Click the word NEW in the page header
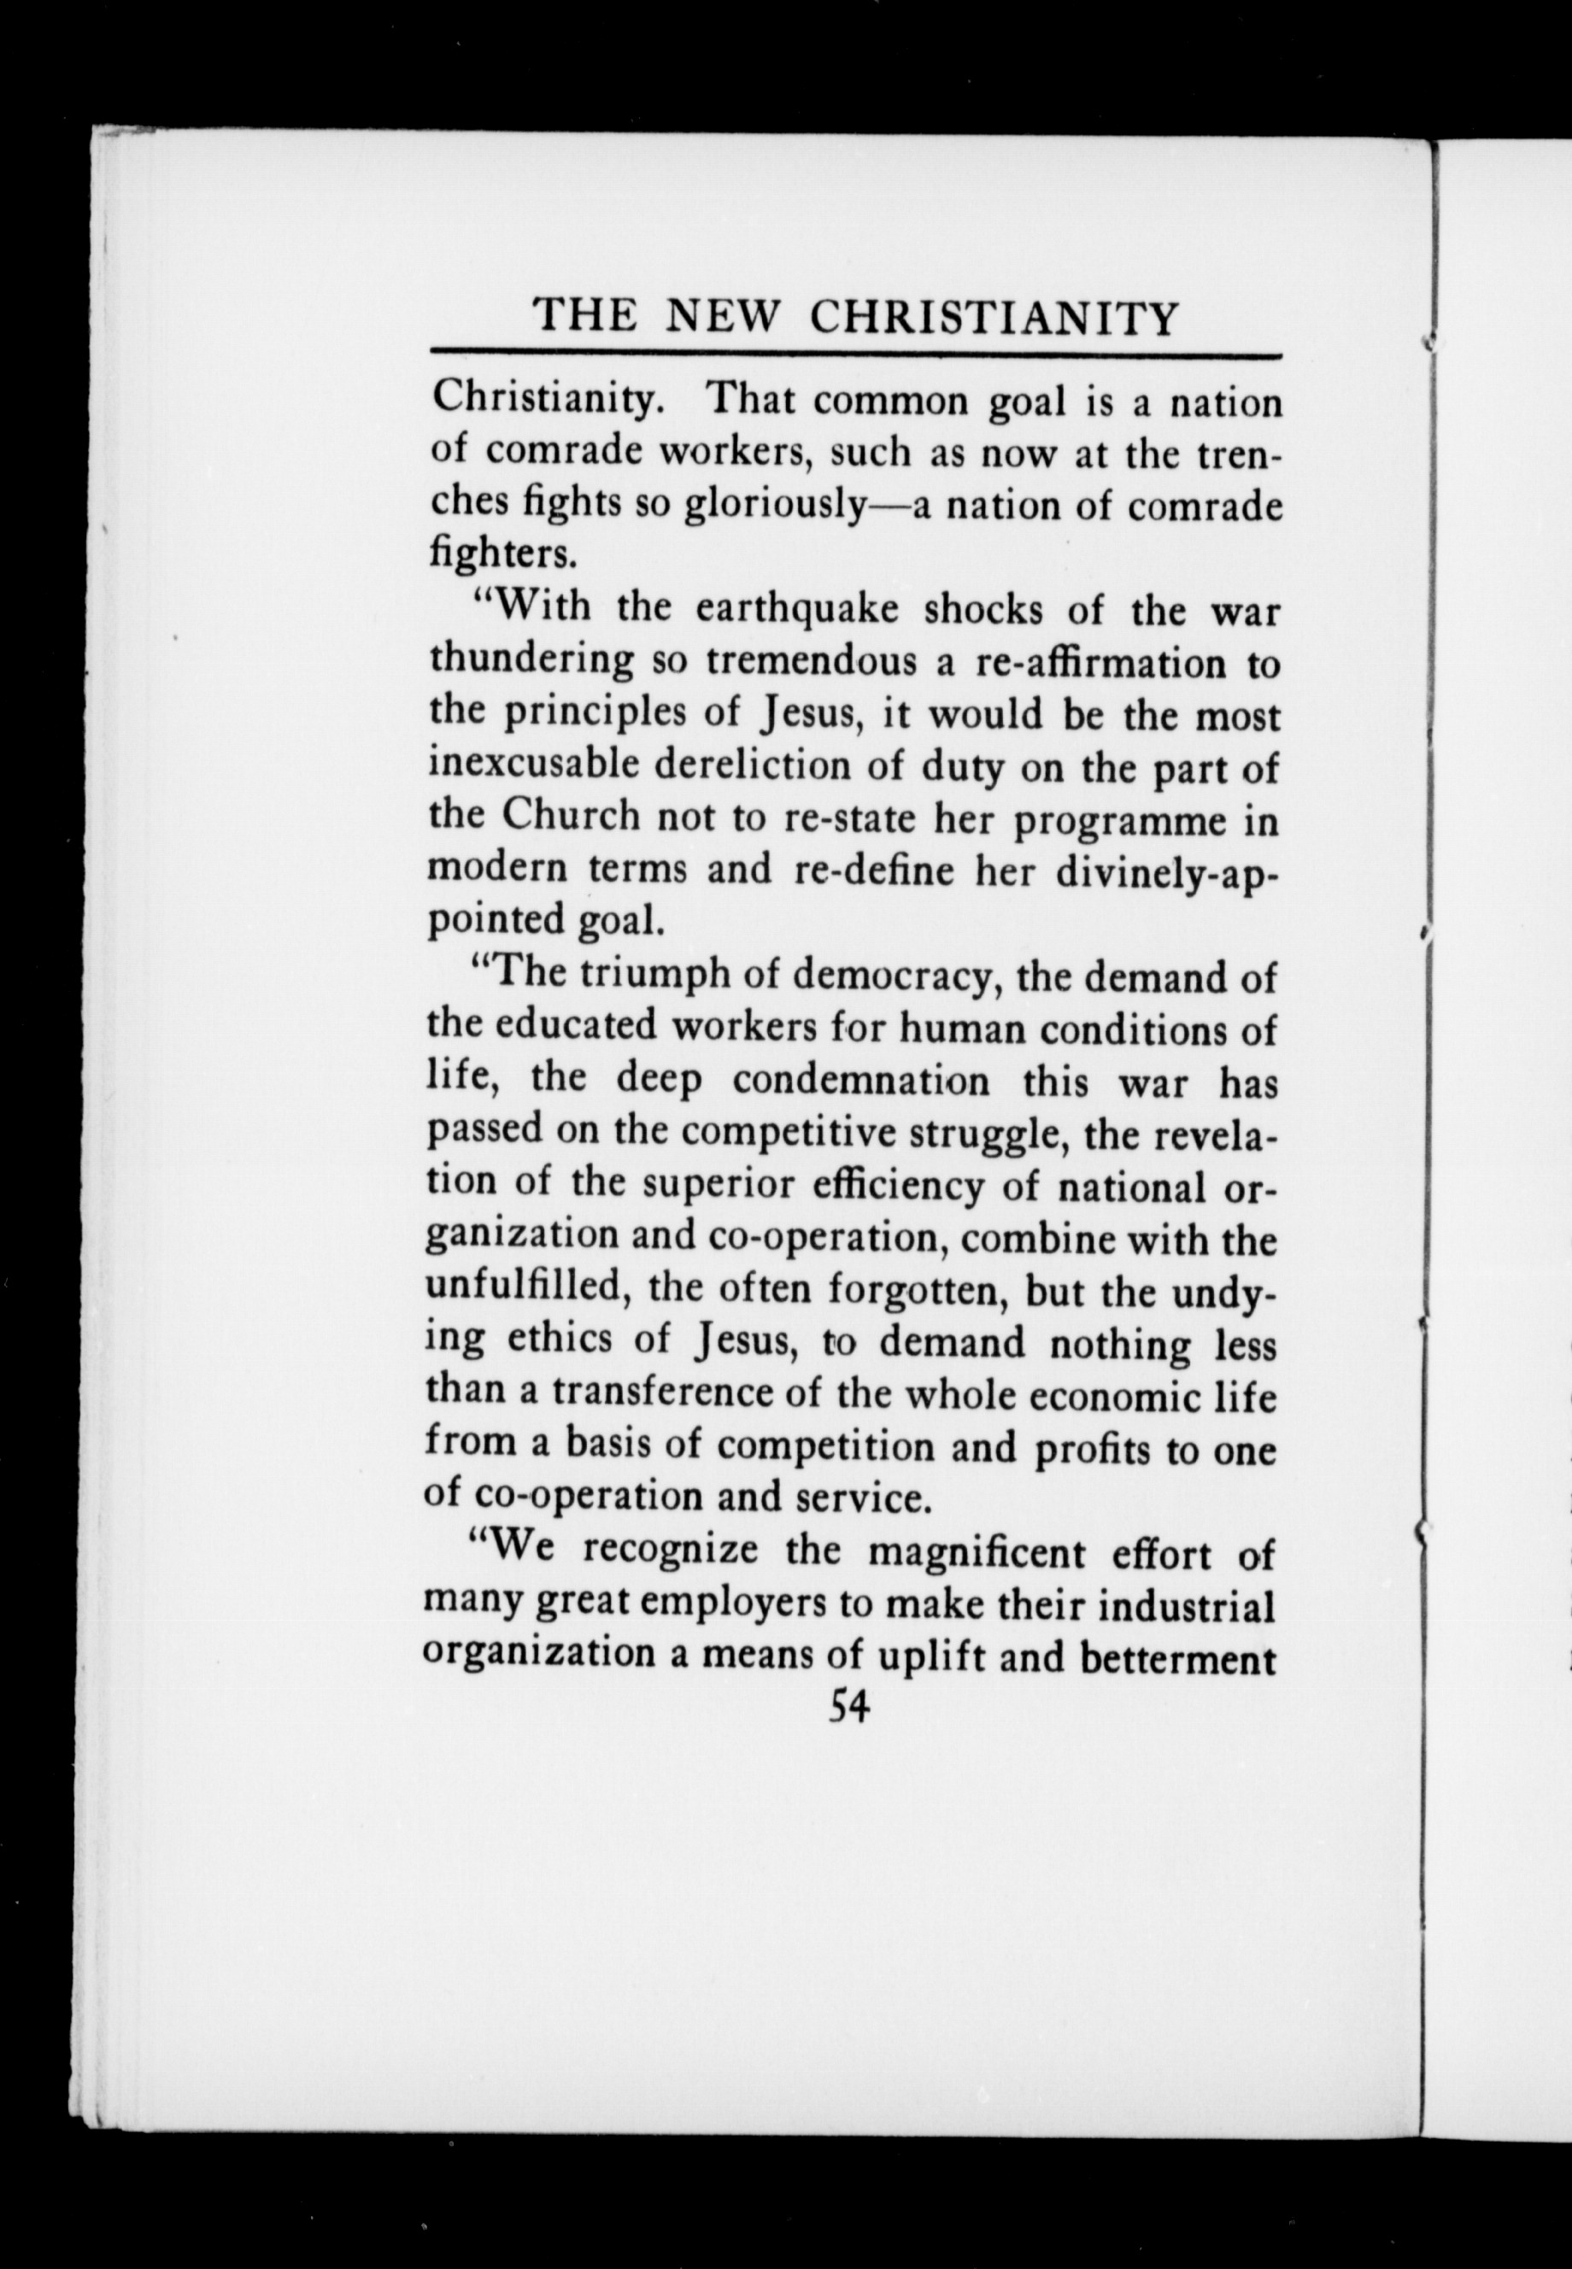[724, 317]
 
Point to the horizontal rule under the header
[855, 354]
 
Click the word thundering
[532, 662]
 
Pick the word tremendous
[811, 662]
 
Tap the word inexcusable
[532, 765]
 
